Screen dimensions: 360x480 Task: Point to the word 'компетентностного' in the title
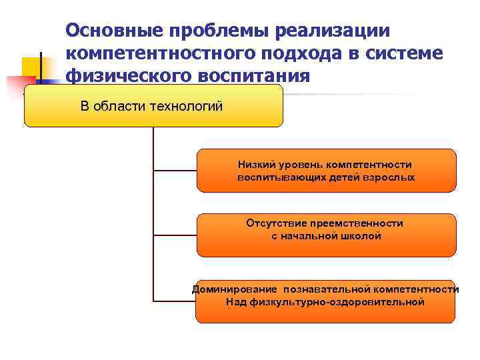pos(157,53)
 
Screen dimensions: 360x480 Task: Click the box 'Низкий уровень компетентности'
pos(326,171)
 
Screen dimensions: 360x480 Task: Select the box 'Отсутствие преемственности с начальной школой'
pos(326,235)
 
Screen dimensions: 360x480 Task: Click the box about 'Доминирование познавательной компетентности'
pos(325,301)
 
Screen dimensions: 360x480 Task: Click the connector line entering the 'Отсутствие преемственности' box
pos(175,235)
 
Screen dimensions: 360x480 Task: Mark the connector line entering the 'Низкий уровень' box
pos(175,171)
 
